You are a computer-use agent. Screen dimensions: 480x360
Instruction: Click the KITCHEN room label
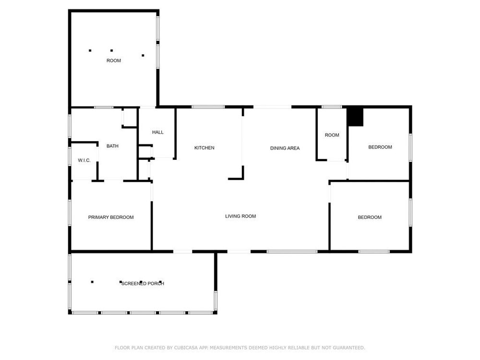pos(204,148)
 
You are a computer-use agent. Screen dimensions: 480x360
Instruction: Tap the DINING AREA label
pos(285,148)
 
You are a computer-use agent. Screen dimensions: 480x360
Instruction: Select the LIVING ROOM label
pos(240,216)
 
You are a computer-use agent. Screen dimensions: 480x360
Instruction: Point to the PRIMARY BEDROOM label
pos(111,217)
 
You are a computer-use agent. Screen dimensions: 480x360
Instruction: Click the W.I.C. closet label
pos(84,160)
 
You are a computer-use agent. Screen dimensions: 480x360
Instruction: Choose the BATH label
pos(112,146)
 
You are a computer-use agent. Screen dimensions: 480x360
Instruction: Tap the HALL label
pos(157,132)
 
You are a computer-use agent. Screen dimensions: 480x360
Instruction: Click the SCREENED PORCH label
pos(143,284)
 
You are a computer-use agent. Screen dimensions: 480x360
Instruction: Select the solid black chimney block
pos(355,116)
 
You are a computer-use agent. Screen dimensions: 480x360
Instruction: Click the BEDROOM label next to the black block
pos(380,147)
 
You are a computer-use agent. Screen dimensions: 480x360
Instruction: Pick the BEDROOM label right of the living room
pos(370,217)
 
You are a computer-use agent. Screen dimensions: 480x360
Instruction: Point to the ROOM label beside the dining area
pos(332,135)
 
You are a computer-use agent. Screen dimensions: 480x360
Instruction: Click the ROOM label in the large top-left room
pos(114,60)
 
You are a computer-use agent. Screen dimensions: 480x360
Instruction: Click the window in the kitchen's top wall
pos(208,107)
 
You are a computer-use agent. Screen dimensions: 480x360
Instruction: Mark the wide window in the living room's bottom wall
pos(292,252)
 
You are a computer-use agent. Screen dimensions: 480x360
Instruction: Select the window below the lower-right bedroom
pos(374,252)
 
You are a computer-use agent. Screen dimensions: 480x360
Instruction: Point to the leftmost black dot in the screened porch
pos(92,282)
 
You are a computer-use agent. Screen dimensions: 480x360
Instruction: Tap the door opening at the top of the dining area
pos(272,107)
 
